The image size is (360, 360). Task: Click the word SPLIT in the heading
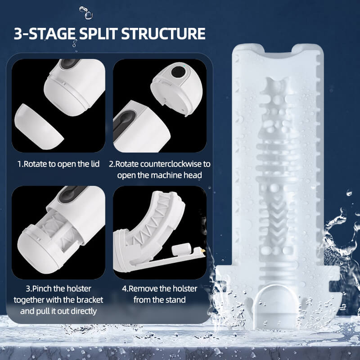click(94, 34)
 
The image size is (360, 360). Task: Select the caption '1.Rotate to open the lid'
click(58, 164)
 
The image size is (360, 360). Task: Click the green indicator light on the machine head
click(180, 70)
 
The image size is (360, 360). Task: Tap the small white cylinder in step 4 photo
click(181, 249)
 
